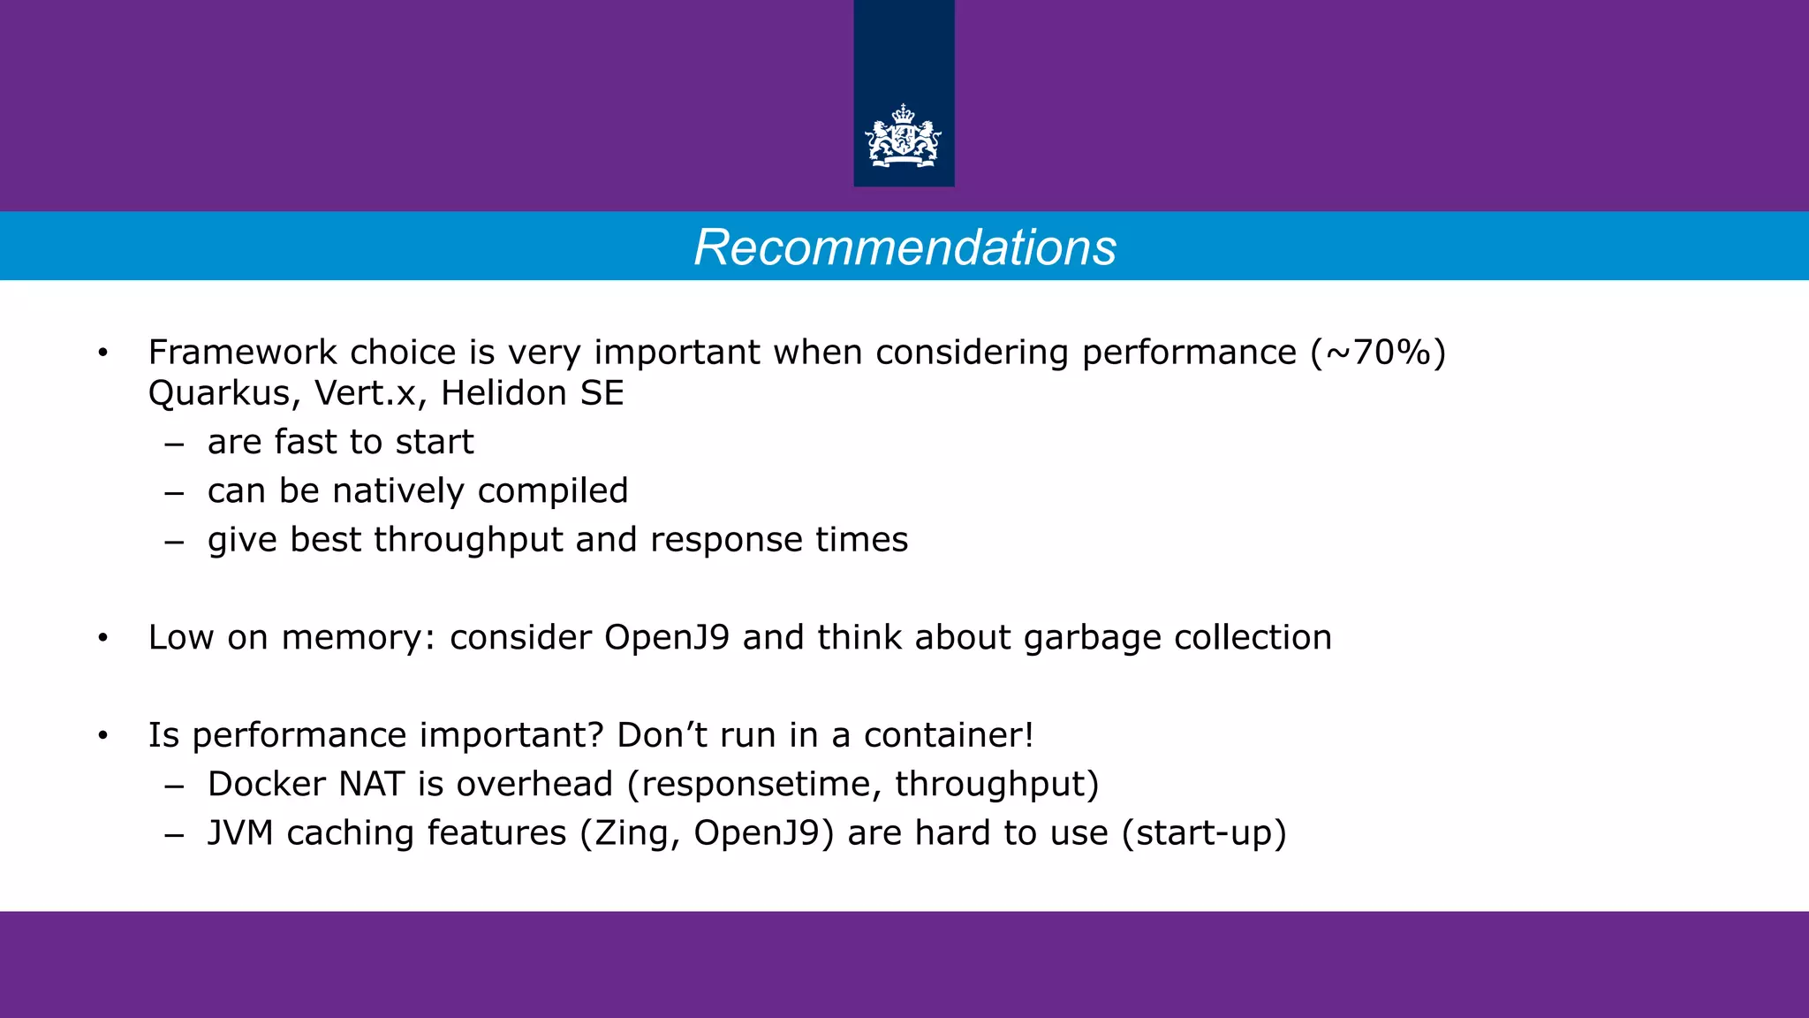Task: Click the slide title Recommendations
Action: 904,247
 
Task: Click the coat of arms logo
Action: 904,138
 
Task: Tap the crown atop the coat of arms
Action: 904,114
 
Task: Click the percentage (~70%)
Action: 1379,353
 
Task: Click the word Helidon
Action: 504,393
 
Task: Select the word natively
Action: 397,491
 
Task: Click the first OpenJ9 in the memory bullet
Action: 666,637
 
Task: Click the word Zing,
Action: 637,834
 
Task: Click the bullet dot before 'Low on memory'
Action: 103,638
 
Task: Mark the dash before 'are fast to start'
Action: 174,444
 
